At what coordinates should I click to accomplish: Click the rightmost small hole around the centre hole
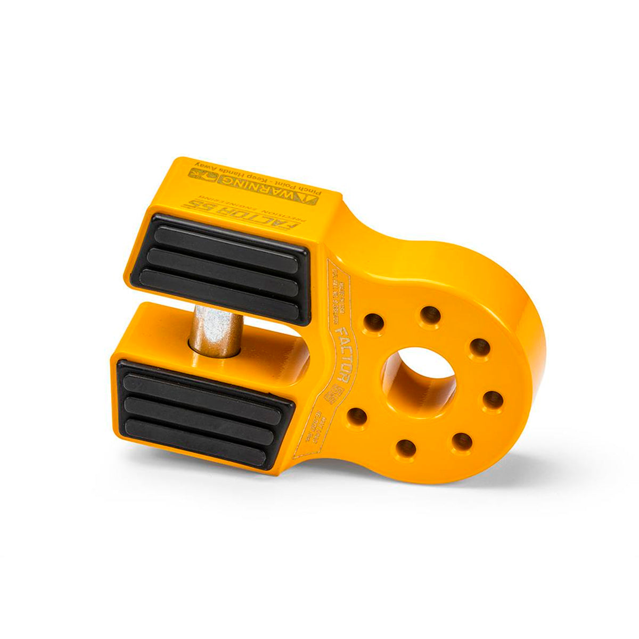click(x=494, y=399)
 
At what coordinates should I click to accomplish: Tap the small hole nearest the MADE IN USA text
click(x=374, y=322)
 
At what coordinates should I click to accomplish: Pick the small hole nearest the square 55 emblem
click(x=357, y=416)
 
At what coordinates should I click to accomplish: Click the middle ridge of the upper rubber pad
click(x=222, y=265)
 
